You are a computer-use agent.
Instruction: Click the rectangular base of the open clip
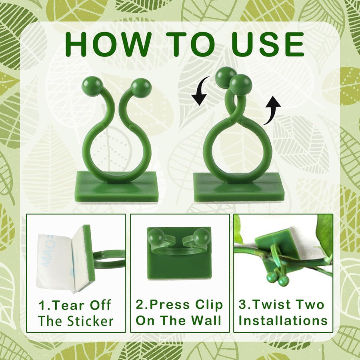(x=117, y=187)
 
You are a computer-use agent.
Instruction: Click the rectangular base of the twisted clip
(x=239, y=187)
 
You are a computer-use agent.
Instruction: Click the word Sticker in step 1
(x=90, y=320)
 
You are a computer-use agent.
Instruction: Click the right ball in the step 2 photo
(x=202, y=238)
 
